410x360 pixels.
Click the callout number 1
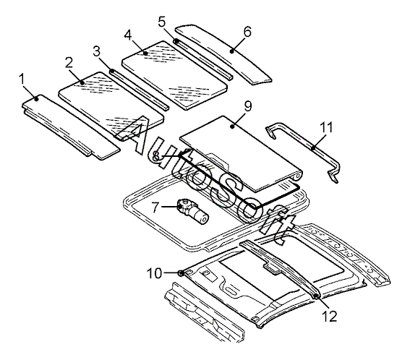coord(22,79)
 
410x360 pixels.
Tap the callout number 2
coord(69,62)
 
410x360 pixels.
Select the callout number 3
coord(96,52)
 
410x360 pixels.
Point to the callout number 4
coord(127,35)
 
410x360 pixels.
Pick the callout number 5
coord(162,22)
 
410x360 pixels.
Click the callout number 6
coord(247,32)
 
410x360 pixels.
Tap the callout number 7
coord(155,207)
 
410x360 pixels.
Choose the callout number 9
coord(248,106)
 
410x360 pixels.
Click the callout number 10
coord(154,273)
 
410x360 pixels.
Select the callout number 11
coord(326,127)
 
